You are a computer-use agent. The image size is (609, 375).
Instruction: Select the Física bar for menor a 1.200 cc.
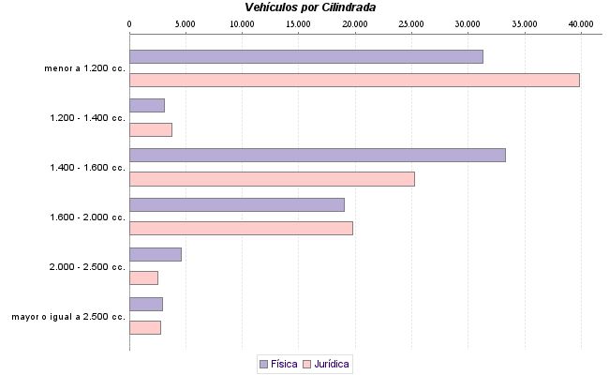[x=306, y=56]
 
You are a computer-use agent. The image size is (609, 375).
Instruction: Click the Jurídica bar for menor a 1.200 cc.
[x=354, y=80]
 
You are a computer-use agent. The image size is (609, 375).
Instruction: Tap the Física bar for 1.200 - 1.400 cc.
[x=147, y=105]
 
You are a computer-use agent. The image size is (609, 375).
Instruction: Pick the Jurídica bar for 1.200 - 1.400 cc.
[x=151, y=129]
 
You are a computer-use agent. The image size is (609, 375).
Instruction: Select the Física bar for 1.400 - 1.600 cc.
[x=318, y=155]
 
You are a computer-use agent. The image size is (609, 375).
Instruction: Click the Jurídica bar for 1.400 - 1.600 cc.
[x=272, y=179]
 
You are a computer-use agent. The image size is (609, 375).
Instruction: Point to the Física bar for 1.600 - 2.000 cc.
[x=237, y=204]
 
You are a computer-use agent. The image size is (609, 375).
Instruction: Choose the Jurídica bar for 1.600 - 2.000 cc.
[x=241, y=228]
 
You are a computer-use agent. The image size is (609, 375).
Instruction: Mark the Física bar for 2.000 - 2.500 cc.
[x=156, y=254]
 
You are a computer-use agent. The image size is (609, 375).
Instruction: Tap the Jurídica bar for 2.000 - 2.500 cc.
[x=143, y=277]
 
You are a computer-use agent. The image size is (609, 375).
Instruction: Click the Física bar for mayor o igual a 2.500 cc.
[x=146, y=304]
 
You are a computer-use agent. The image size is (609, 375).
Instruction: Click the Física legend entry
[x=278, y=363]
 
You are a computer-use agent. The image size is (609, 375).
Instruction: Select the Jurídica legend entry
[x=327, y=363]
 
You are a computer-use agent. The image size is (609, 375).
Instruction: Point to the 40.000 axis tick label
[x=581, y=22]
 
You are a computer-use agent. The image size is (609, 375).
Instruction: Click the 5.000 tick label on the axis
[x=186, y=22]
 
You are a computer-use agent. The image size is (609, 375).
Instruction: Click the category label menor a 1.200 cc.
[x=84, y=68]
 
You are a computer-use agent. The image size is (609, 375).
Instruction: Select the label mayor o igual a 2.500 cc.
[x=68, y=317]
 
